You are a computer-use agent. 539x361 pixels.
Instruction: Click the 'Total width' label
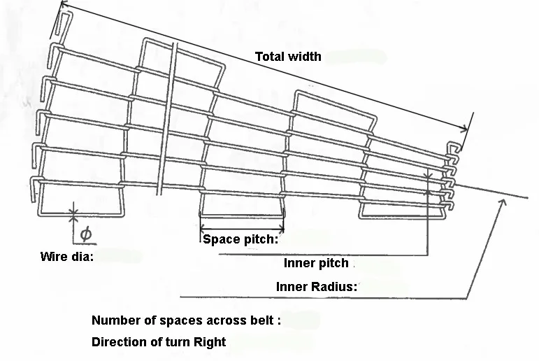[288, 57]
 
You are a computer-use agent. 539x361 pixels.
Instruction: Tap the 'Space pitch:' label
[240, 239]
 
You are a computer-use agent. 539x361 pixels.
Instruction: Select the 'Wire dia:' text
[67, 256]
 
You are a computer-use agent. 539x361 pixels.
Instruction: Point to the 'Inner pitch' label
[316, 263]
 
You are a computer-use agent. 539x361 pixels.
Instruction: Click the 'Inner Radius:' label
[317, 287]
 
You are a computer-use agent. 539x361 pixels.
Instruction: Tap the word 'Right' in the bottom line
[210, 342]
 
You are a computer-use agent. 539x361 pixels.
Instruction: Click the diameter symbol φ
[86, 234]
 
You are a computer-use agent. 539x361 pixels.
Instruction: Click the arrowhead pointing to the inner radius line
[503, 203]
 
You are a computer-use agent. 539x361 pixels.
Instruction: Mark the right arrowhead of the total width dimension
[464, 129]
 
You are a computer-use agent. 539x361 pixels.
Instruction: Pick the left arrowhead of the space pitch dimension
[203, 227]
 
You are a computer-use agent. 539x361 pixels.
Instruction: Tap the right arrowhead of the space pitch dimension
[282, 229]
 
